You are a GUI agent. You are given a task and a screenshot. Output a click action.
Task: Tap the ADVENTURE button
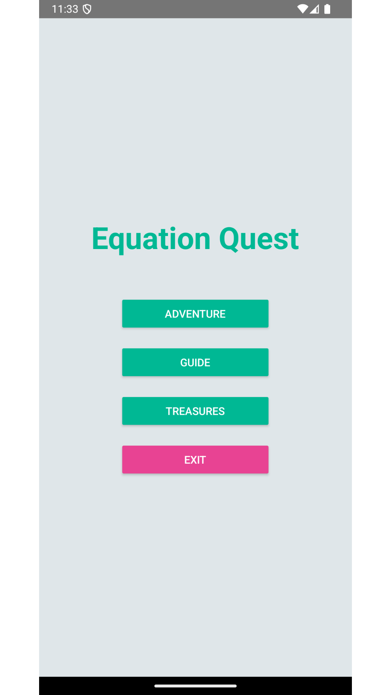[195, 313]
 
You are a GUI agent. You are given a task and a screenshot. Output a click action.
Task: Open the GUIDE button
[195, 362]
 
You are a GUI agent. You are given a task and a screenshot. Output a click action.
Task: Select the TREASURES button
[195, 411]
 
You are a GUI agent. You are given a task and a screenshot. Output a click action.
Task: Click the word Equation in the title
[151, 239]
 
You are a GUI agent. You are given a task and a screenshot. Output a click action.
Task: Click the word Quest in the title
[259, 239]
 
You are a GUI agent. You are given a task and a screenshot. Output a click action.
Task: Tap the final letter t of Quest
[293, 240]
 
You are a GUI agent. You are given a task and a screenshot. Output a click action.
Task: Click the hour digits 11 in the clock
[57, 9]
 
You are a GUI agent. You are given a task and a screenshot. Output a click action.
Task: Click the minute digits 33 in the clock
[72, 9]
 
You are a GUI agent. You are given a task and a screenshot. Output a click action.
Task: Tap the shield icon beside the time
[87, 9]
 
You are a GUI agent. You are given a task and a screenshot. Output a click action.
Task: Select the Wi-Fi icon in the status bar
[302, 9]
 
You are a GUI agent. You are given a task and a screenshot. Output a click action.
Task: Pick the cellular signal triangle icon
[314, 9]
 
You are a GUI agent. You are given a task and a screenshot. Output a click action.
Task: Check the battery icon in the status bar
[327, 9]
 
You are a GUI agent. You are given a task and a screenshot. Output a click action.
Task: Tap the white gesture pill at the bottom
[195, 686]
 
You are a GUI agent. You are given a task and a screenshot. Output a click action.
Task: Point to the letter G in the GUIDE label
[184, 362]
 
